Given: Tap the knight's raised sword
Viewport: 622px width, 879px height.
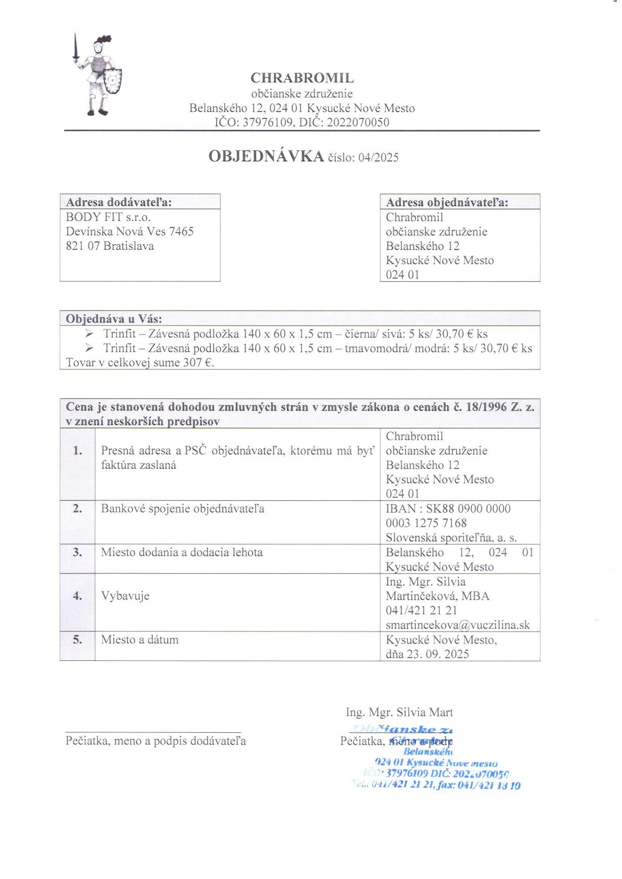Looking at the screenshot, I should (x=76, y=48).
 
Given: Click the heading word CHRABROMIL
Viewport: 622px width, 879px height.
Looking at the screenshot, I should (x=302, y=78).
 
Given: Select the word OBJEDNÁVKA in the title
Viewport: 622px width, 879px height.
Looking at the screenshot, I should (x=266, y=156).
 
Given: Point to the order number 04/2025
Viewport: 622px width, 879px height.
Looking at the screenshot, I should (x=378, y=158).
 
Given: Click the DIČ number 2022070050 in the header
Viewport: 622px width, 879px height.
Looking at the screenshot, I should (x=358, y=123).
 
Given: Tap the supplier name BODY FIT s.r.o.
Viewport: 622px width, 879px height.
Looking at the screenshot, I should (x=108, y=217).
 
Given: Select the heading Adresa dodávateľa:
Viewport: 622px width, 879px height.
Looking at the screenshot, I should (x=119, y=203).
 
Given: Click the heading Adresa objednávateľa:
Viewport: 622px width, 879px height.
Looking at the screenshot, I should (x=447, y=203).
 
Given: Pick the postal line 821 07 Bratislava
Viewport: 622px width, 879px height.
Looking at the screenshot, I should (x=110, y=246).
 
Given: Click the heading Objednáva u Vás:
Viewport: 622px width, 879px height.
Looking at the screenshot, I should (x=114, y=319).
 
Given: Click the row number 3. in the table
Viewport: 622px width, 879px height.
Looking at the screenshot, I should (x=77, y=552).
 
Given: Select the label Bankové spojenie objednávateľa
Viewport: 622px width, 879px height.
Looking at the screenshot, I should (x=183, y=508).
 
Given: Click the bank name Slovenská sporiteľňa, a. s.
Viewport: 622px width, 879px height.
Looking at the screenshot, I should (x=451, y=538).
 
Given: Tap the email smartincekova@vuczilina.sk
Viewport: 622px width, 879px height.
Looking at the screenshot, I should (x=458, y=625).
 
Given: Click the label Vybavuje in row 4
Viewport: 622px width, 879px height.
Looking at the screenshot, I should (x=125, y=596).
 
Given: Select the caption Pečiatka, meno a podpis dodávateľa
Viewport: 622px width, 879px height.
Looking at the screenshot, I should (x=155, y=741).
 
